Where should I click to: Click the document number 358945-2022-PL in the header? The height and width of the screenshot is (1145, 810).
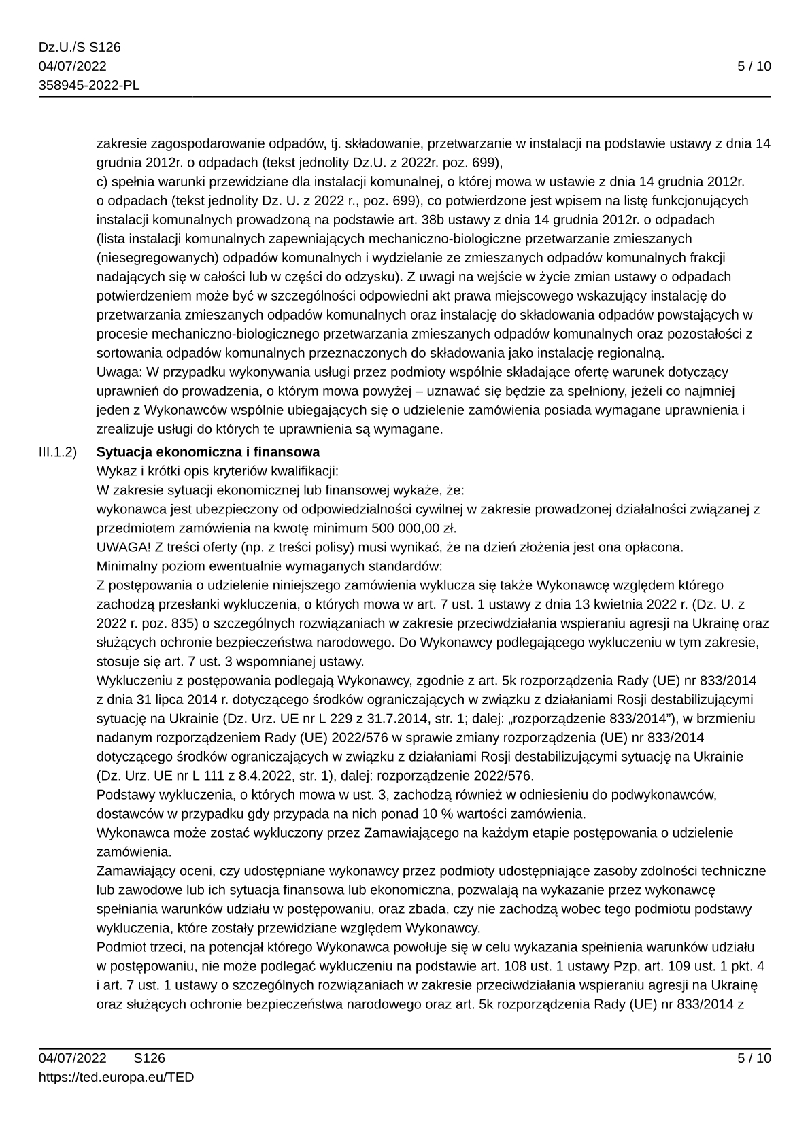tap(89, 86)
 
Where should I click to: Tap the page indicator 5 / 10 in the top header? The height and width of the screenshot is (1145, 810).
tap(754, 67)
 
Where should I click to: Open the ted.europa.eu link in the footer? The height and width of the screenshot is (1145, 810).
tap(116, 1077)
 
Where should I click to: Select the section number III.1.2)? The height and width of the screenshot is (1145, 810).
tap(57, 452)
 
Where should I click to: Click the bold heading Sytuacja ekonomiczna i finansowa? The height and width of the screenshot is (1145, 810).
tap(208, 452)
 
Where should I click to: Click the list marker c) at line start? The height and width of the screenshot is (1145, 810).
tap(102, 182)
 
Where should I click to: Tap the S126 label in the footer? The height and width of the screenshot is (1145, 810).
tap(150, 1058)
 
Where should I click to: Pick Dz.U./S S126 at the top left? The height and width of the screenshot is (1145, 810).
tap(80, 48)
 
